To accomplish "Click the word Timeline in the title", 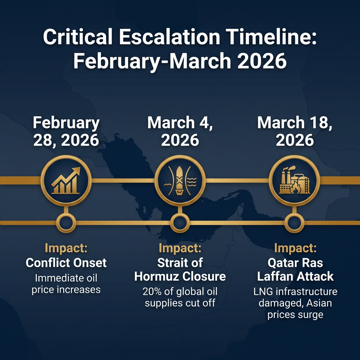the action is tap(271, 37).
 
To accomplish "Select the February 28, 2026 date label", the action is tap(66, 131).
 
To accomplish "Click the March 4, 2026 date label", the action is tap(180, 131).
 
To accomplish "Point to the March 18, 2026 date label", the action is tap(295, 131).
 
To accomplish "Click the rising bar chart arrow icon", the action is tap(66, 180).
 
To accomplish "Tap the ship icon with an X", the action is tap(180, 180).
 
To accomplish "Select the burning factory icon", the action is tap(294, 180).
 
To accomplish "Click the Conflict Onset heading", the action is tap(66, 263).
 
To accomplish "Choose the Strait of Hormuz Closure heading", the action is tap(180, 269).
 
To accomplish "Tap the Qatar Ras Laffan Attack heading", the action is tap(295, 269).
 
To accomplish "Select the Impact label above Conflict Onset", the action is tap(66, 248).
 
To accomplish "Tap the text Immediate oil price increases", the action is tap(66, 284).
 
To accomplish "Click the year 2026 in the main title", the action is tap(262, 61).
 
